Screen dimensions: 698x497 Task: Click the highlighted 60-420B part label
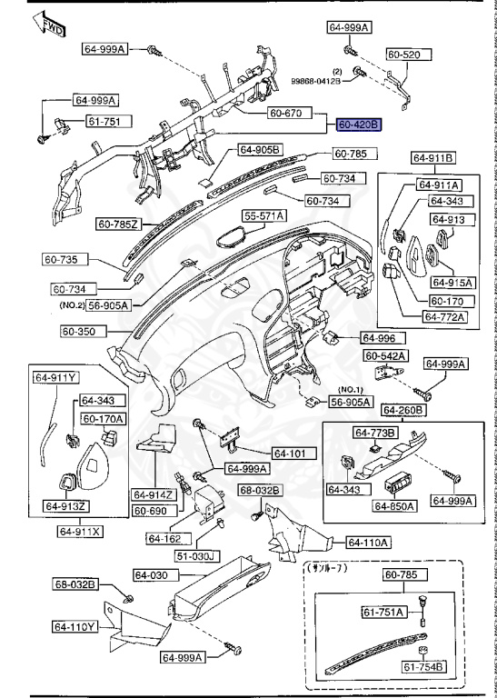coord(358,124)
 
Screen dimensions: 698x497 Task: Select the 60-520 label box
coord(404,55)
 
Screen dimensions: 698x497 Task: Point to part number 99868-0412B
coord(315,81)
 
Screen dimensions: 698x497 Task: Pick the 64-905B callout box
coord(260,149)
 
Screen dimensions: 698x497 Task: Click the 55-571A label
coord(263,215)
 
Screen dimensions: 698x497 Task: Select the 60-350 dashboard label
coord(83,332)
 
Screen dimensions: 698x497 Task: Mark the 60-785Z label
coord(118,223)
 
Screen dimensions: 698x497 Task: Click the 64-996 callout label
coord(380,337)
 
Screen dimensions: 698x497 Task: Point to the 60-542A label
coord(386,355)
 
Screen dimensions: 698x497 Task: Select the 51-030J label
coord(196,555)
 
